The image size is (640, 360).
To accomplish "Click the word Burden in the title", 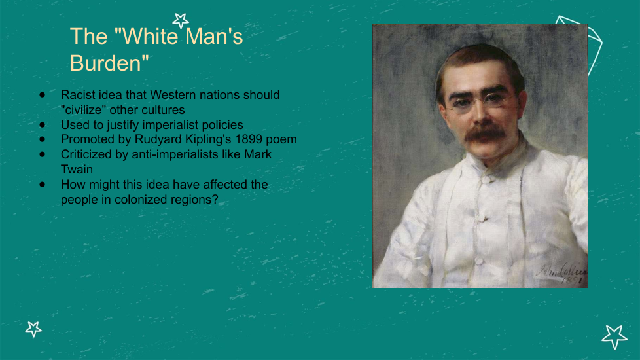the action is [105, 63].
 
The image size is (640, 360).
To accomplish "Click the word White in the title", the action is [151, 36].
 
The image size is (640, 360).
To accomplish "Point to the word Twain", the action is [77, 170].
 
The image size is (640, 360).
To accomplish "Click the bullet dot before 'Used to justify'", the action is [43, 124].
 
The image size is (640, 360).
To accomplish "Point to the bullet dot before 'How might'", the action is [43, 184].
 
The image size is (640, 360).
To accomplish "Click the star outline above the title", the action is [181, 21].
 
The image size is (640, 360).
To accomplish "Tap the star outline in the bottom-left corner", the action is [33, 329].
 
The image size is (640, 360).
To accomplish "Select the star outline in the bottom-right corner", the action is [614, 336].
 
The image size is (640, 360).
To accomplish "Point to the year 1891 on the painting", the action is [574, 281].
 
